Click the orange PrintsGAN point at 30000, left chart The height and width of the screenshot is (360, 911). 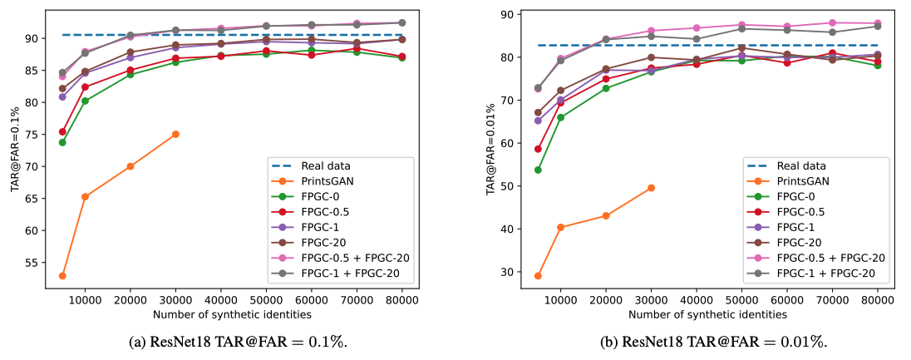point(175,134)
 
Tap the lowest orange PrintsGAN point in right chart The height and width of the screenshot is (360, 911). point(538,276)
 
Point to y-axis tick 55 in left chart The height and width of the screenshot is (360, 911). point(41,263)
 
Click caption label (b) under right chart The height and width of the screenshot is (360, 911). point(613,341)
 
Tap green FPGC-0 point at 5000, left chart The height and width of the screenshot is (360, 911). point(62,142)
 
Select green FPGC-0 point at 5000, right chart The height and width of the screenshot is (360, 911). point(538,170)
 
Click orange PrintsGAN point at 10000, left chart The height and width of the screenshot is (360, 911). point(85,196)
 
